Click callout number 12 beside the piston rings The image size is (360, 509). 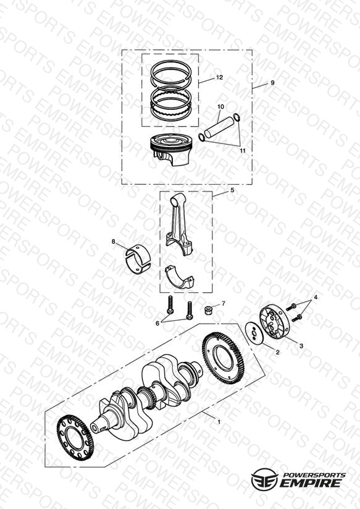pos(219,77)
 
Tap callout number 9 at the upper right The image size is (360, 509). pos(272,83)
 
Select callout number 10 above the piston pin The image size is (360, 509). pos(220,106)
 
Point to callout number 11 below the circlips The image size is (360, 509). pos(243,151)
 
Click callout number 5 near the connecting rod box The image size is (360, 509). pos(232,190)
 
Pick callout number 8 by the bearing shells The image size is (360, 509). pos(113,242)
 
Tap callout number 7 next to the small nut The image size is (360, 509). pos(224,303)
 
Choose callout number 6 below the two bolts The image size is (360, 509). pos(157,323)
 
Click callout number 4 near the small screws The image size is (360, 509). pos(316,297)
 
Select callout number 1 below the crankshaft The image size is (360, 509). pos(219,422)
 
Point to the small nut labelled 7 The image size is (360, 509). pos(207,309)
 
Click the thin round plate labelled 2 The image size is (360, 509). pos(255,333)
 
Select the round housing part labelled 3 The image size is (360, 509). pos(274,322)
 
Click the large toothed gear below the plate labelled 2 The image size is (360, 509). pos(223,358)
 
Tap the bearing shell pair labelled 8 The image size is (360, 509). pos(138,258)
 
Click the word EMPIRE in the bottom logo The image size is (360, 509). pos(311,482)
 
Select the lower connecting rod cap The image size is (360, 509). pos(179,277)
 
